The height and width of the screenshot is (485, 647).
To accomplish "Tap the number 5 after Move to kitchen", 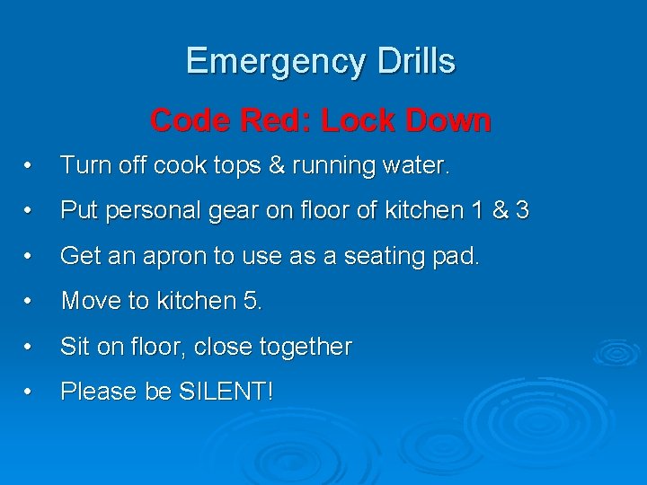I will pyautogui.click(x=251, y=301).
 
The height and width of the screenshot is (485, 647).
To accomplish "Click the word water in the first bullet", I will pyautogui.click(x=417, y=166).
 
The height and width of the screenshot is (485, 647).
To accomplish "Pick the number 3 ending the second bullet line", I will pyautogui.click(x=522, y=211).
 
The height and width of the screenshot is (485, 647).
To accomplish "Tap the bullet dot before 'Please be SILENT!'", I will pyautogui.click(x=30, y=392).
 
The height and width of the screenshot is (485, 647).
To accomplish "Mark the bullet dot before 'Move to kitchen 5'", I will pyautogui.click(x=30, y=302).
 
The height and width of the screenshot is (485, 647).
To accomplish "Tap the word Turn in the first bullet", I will pyautogui.click(x=83, y=166).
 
